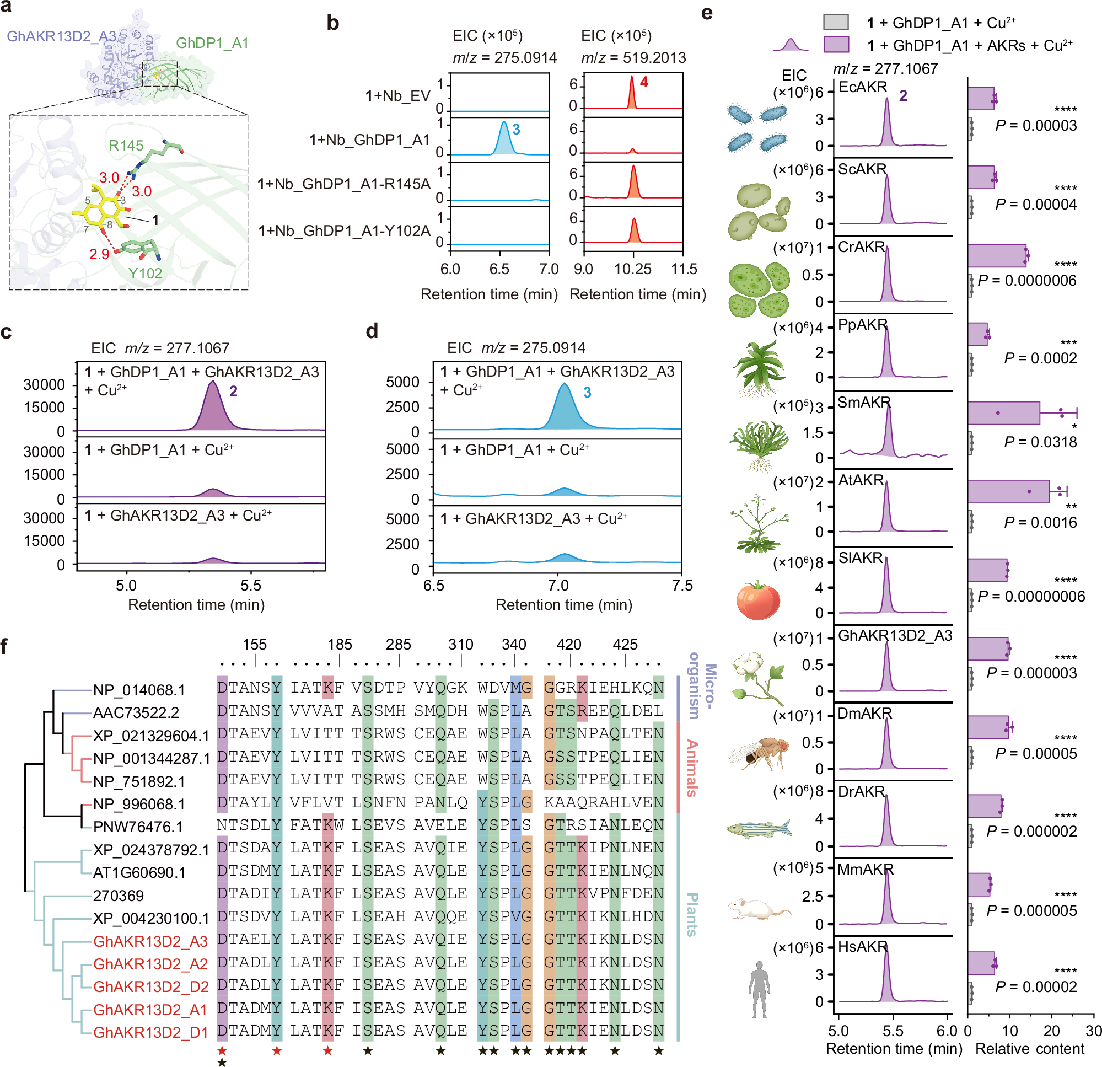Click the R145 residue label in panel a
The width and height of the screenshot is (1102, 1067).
(x=126, y=146)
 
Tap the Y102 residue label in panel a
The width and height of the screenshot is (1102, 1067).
(x=145, y=274)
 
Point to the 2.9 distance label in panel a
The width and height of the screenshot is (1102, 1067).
(x=99, y=254)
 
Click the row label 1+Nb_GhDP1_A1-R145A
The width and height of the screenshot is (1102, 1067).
(x=344, y=185)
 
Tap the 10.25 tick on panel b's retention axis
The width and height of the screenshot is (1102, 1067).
(x=632, y=269)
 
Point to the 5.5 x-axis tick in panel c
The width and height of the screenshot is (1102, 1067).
(x=250, y=586)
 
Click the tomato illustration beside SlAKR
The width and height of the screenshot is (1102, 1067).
(x=759, y=599)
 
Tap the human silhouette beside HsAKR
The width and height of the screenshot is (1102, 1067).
(x=759, y=990)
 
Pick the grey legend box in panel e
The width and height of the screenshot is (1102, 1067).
(x=836, y=22)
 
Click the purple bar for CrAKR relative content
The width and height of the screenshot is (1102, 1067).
(x=997, y=256)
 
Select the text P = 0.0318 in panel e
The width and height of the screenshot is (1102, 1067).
(x=1040, y=442)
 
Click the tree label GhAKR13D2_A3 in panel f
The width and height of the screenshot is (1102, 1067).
(x=150, y=942)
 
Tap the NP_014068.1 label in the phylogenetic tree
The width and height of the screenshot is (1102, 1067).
(x=138, y=690)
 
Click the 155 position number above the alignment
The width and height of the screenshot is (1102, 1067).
(x=254, y=645)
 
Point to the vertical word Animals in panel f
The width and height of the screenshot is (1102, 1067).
(x=692, y=768)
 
